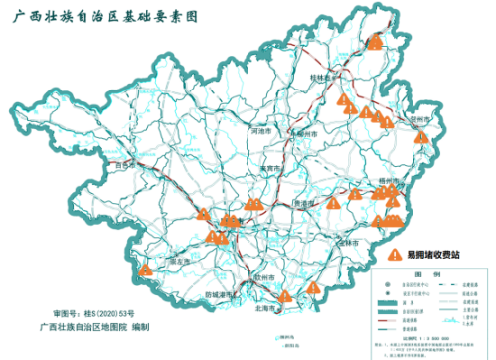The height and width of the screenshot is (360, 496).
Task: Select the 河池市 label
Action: click(x=262, y=131)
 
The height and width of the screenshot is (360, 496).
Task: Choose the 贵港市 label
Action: click(x=307, y=203)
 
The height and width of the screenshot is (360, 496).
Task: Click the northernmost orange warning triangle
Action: click(x=376, y=41)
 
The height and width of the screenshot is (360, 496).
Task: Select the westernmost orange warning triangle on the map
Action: click(x=146, y=270)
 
